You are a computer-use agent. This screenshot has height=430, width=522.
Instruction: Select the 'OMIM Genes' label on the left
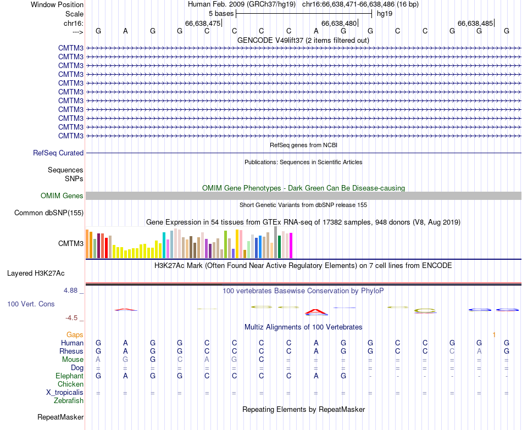(62, 196)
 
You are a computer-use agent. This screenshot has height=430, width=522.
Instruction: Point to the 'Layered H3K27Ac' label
(36, 273)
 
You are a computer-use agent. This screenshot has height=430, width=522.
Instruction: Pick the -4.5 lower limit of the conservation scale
(71, 318)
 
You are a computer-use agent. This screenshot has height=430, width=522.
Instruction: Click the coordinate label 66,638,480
(339, 24)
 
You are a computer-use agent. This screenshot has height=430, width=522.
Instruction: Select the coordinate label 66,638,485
(475, 24)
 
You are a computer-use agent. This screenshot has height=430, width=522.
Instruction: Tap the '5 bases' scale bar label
(221, 13)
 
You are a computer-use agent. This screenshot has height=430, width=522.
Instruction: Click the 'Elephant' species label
(69, 376)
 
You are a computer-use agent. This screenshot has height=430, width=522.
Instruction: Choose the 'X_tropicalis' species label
(65, 393)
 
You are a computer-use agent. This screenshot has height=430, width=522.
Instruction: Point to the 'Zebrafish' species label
(69, 401)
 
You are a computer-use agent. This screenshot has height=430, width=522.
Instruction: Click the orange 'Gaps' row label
(75, 334)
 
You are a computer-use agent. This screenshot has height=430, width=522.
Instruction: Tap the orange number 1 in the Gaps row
(494, 334)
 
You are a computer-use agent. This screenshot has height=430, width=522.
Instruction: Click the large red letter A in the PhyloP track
(316, 312)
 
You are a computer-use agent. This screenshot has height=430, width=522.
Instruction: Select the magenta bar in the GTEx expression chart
(291, 245)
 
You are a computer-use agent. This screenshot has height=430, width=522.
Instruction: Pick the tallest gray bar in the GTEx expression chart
(275, 242)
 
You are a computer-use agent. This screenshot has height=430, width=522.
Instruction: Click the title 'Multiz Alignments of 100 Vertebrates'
(303, 327)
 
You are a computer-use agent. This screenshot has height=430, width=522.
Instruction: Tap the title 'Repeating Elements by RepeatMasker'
(303, 410)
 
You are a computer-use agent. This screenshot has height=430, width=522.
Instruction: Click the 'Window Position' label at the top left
(57, 4)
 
